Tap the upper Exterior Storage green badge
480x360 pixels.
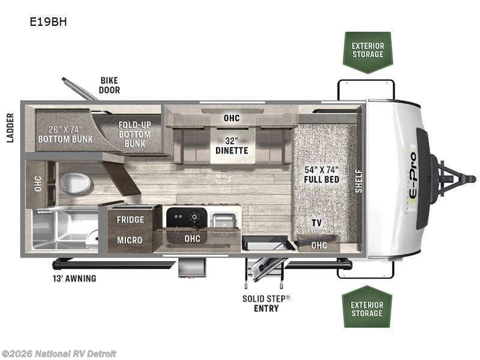(x=367, y=50)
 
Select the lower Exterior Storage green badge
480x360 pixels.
(x=367, y=309)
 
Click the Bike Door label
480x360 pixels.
(x=109, y=85)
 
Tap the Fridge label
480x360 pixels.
(x=130, y=220)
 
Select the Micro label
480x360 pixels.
(x=130, y=240)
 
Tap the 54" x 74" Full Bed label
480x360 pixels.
(x=322, y=174)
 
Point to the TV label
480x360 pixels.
(x=316, y=223)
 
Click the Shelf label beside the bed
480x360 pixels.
(x=359, y=181)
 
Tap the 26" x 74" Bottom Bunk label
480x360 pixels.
(x=65, y=134)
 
